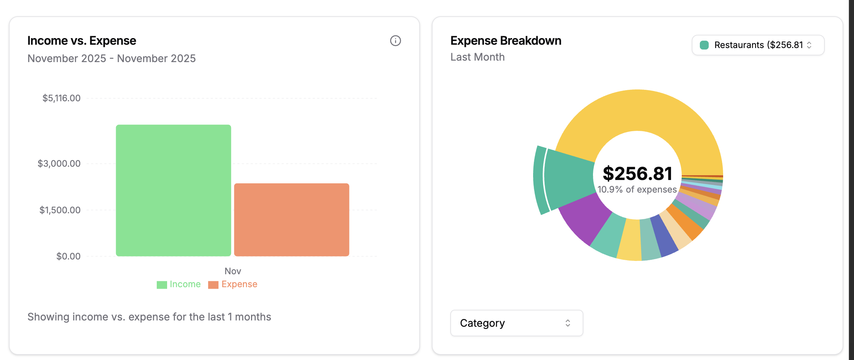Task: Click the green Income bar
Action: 173,190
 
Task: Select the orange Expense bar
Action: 291,220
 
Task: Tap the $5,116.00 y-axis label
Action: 61,98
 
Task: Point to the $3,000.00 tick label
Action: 59,163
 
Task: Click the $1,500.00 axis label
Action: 60,210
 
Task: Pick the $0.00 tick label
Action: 68,256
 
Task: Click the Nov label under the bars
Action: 233,271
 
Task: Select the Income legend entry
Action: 179,284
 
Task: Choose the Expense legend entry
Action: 233,284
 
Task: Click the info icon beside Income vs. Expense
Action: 395,41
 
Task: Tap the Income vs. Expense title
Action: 82,41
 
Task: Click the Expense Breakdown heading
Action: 505,41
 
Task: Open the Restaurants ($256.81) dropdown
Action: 758,45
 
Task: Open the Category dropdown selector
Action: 516,323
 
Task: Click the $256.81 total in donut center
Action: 637,174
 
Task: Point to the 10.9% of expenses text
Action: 637,190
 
